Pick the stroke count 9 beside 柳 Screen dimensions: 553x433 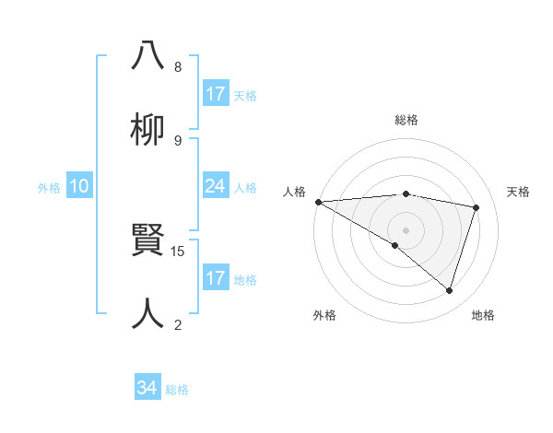[x=178, y=140]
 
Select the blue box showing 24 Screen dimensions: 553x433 [x=216, y=186]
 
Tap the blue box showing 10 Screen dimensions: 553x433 [x=79, y=186]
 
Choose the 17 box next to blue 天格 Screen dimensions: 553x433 [x=216, y=94]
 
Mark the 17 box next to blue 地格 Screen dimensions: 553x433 [x=216, y=278]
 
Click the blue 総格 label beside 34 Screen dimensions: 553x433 [x=177, y=390]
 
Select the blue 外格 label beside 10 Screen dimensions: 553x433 [x=49, y=187]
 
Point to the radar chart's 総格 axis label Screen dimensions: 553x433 [x=406, y=120]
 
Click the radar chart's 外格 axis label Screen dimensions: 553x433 [x=324, y=315]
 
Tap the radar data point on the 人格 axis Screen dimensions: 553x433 [x=318, y=201]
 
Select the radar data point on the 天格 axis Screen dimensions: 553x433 [x=477, y=207]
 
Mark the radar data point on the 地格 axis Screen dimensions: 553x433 [x=450, y=291]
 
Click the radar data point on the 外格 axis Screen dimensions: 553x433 [x=395, y=245]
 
